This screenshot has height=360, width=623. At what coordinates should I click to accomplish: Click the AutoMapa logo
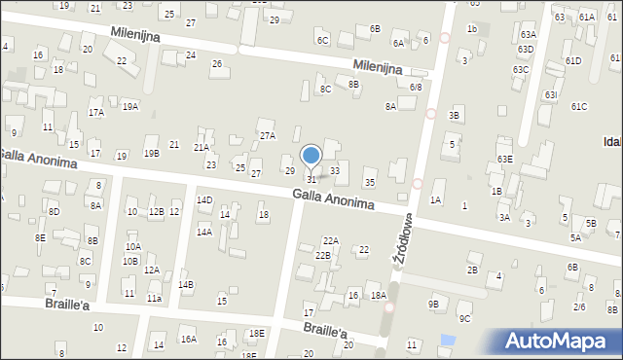pyautogui.click(x=560, y=342)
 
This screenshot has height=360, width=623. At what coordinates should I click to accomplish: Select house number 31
pyautogui.click(x=311, y=179)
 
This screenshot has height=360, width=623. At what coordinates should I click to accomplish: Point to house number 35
pyautogui.click(x=369, y=183)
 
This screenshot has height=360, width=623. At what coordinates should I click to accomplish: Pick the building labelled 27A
pyautogui.click(x=267, y=135)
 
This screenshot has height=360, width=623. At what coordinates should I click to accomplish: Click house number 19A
pyautogui.click(x=130, y=106)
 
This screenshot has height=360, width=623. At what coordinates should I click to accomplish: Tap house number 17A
pyautogui.click(x=95, y=113)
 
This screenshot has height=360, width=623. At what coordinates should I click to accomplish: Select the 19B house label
pyautogui.click(x=151, y=153)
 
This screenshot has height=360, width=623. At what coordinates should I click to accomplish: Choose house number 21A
pyautogui.click(x=201, y=148)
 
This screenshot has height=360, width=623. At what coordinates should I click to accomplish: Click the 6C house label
pyautogui.click(x=322, y=40)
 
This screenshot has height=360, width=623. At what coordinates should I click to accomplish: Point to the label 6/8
pyautogui.click(x=416, y=88)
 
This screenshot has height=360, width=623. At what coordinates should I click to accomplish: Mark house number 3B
pyautogui.click(x=454, y=116)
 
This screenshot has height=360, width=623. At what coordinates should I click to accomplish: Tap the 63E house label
pyautogui.click(x=504, y=159)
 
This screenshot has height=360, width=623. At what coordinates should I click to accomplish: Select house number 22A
pyautogui.click(x=331, y=240)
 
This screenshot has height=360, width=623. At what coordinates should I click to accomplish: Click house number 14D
pyautogui.click(x=204, y=200)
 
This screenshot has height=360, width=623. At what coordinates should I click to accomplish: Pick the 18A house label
pyautogui.click(x=379, y=295)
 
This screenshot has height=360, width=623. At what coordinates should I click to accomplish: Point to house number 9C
pyautogui.click(x=464, y=318)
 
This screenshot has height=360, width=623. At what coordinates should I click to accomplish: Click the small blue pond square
pyautogui.click(x=447, y=341)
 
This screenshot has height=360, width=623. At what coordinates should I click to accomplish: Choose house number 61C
pyautogui.click(x=579, y=106)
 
